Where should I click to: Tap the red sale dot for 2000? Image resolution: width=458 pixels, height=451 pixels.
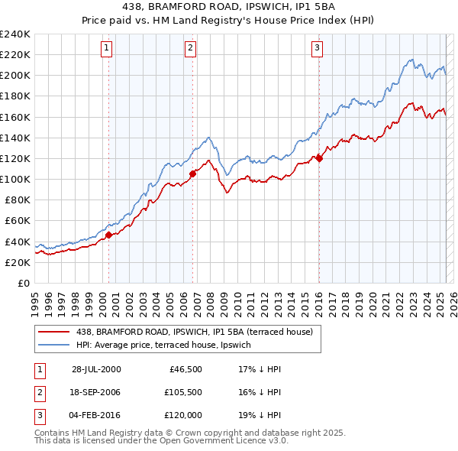click(x=109, y=235)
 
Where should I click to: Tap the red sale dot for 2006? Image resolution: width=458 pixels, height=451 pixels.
click(x=193, y=174)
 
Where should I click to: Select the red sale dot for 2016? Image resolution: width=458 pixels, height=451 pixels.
click(x=319, y=158)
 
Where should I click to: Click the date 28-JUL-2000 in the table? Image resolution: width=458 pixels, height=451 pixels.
click(x=96, y=368)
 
